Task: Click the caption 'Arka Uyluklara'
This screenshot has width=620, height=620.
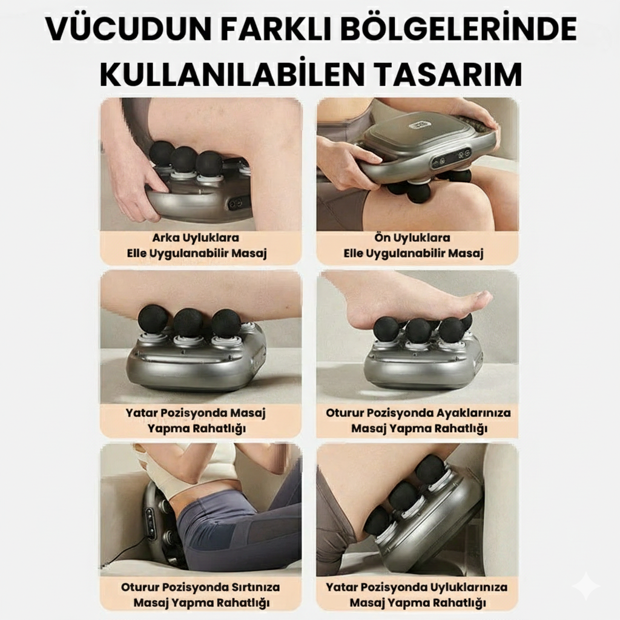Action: [x=200, y=238]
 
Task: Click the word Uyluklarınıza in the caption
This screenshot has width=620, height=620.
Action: [x=467, y=587]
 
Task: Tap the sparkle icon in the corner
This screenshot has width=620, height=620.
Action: [x=586, y=587]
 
